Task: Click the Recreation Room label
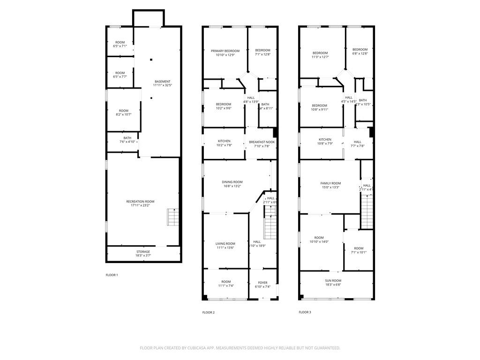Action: coord(140,202)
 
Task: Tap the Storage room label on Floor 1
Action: coord(143,252)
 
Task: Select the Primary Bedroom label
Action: coord(225,51)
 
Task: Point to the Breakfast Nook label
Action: coord(262,142)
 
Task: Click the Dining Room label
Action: coord(232,182)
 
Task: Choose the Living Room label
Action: coord(225,244)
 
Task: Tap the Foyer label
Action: coord(262,283)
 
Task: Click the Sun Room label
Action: coord(333,280)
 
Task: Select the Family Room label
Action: coord(330,183)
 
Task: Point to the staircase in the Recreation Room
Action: coord(173,217)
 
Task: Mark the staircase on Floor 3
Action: coord(367,211)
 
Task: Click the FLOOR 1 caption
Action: coord(112,275)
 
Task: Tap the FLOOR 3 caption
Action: coord(305,312)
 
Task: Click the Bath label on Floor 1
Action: coord(127,138)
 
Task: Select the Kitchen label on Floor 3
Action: coord(325,140)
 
